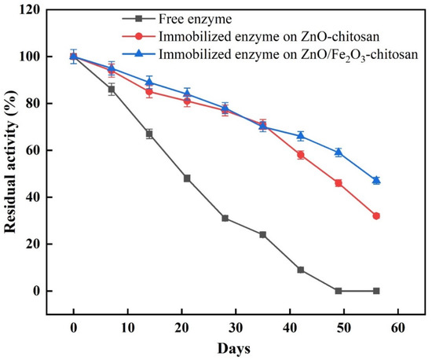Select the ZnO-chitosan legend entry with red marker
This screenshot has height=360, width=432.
tap(255, 36)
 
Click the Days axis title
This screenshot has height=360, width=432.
tap(235, 346)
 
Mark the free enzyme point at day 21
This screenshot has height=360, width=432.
tap(187, 178)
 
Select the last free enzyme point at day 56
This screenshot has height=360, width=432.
tap(376, 291)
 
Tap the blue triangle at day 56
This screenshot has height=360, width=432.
tap(376, 180)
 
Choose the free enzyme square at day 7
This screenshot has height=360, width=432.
tap(112, 90)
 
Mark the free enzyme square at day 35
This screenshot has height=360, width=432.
tap(262, 234)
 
